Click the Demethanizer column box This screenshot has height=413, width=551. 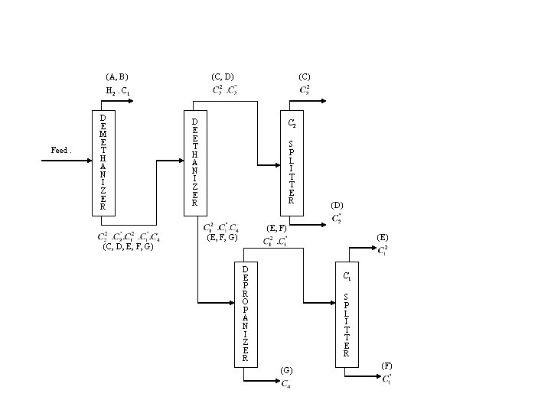tap(103, 161)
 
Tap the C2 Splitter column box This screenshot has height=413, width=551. tap(291, 161)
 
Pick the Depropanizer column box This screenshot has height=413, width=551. tap(245, 313)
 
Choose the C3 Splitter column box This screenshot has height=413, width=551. tap(346, 313)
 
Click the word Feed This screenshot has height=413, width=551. tap(60, 151)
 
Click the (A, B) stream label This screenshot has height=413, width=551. tap(117, 76)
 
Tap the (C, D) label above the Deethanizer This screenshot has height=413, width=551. tap(222, 76)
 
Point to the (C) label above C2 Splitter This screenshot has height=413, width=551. tap(304, 76)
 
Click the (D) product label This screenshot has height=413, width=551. tap(337, 205)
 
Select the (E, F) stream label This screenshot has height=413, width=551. tap(276, 228)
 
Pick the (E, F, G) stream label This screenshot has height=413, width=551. tap(223, 237)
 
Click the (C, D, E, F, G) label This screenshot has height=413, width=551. tap(128, 246)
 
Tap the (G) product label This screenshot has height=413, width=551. tap(286, 370)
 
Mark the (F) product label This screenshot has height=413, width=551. tap(386, 366)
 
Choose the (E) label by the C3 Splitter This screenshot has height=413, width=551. tap(383, 238)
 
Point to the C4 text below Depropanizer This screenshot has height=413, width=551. tap(285, 383)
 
